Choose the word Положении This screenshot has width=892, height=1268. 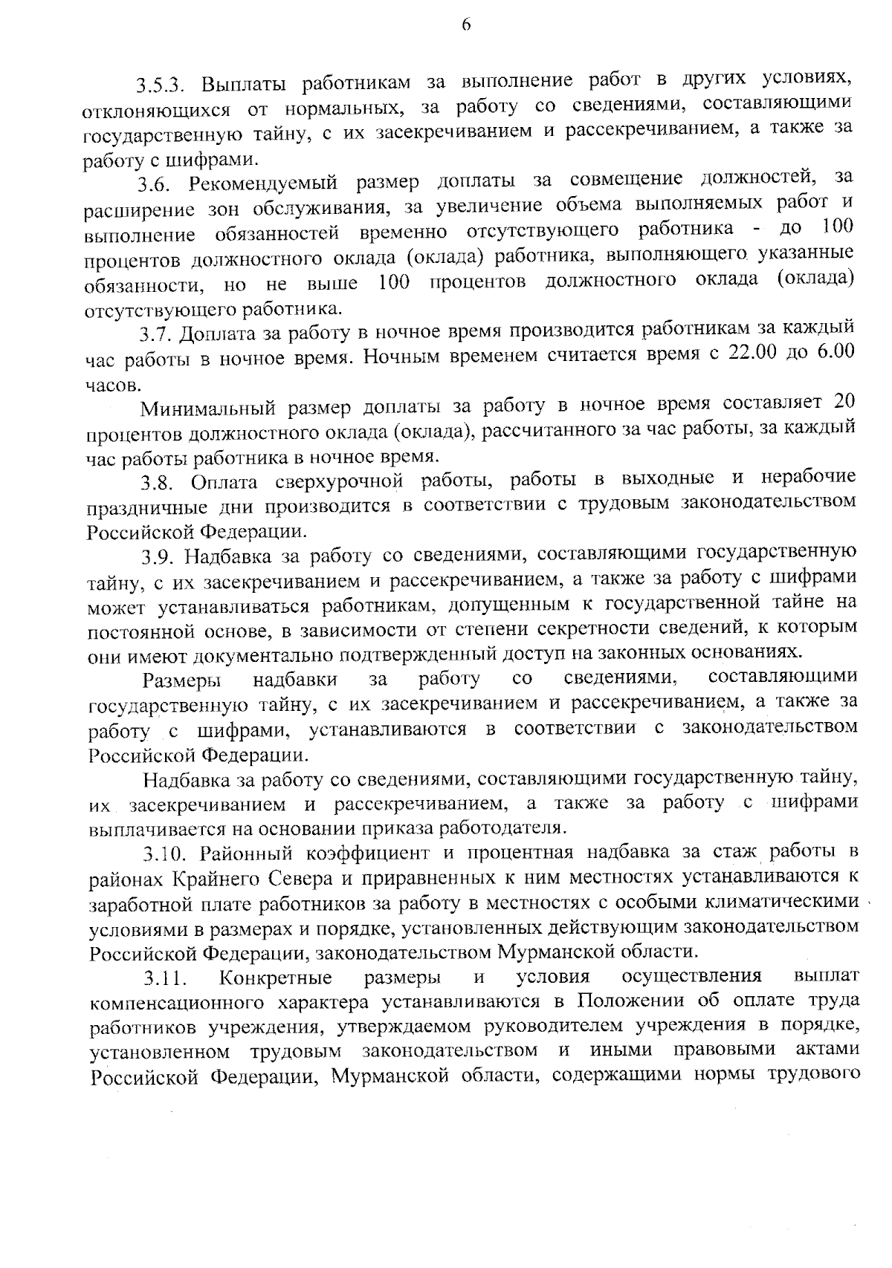tap(629, 1001)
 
